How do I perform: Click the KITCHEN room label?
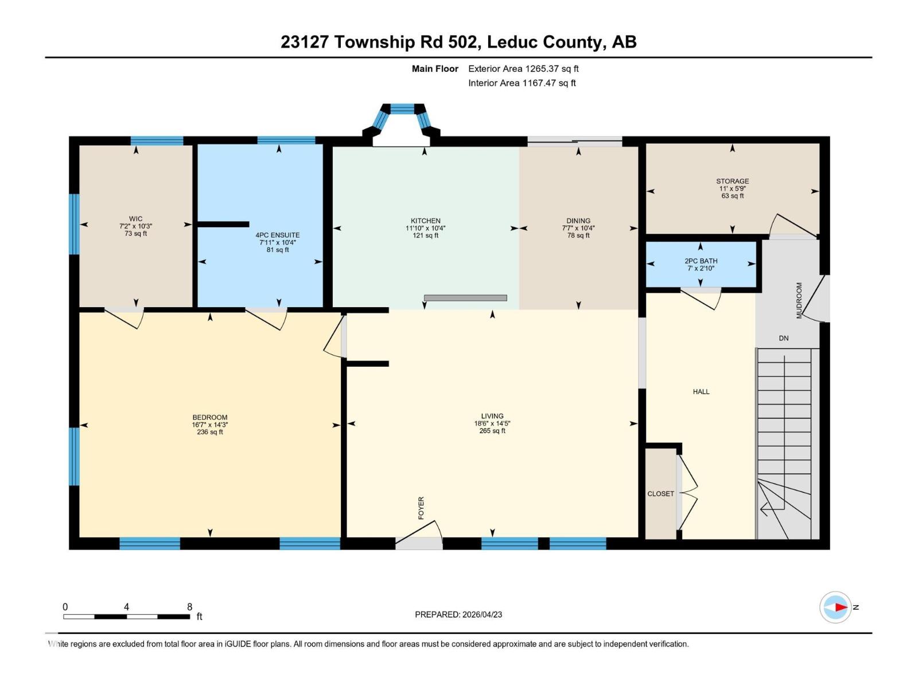tap(425, 220)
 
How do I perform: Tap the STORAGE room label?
tap(732, 181)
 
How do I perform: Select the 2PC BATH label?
tap(701, 261)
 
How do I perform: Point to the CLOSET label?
tap(660, 494)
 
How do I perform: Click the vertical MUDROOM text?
tap(799, 300)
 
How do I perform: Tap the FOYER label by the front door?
tap(421, 508)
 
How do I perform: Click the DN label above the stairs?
tap(783, 338)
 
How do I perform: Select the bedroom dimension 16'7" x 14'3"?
tap(210, 425)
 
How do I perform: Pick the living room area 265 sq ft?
tap(492, 431)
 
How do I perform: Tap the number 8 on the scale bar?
tap(189, 607)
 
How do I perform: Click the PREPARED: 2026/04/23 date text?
tap(458, 614)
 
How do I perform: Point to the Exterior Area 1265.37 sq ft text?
tap(523, 68)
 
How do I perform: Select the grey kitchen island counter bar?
tap(465, 297)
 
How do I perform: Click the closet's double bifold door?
tap(688, 493)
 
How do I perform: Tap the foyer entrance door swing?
tap(419, 531)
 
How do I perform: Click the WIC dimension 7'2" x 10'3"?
tap(135, 226)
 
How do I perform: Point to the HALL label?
tap(701, 392)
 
